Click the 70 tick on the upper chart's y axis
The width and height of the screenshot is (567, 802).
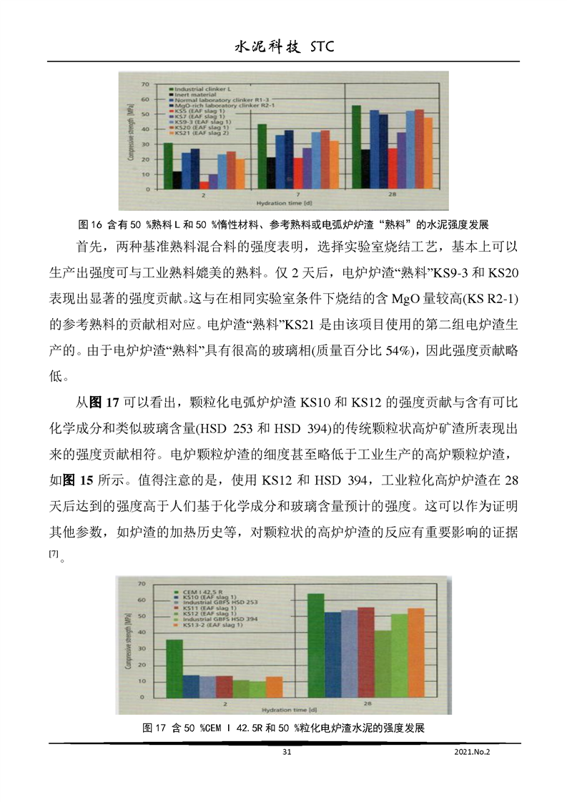pos(147,84)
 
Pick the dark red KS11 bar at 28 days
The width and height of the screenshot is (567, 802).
pos(365,652)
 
